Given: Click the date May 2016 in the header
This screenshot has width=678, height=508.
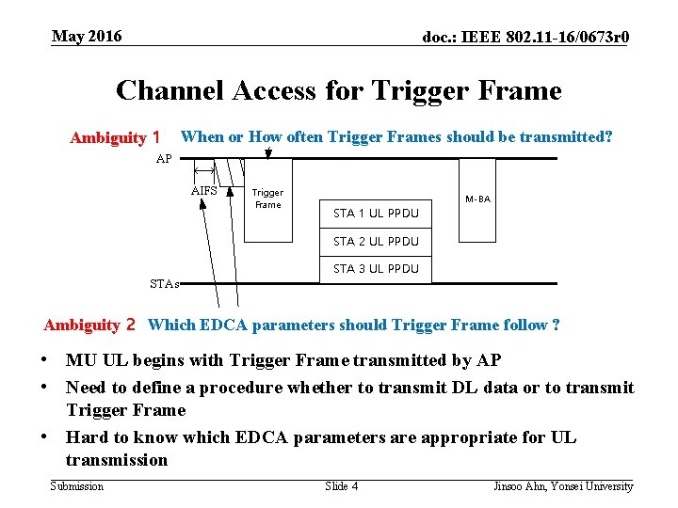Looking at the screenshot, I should (x=87, y=37).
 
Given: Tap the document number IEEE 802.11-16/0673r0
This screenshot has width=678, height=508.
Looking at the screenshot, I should (x=526, y=38).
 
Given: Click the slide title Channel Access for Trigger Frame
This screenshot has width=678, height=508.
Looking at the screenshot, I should (x=338, y=90).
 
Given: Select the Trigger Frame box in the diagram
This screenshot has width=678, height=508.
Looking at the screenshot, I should (x=268, y=199).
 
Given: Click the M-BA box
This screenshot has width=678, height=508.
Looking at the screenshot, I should (x=478, y=199).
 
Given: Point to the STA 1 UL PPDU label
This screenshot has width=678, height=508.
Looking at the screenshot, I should (x=376, y=214).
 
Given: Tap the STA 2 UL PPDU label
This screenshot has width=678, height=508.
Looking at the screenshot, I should (x=376, y=241).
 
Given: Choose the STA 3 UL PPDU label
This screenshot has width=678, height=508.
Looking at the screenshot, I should (x=376, y=268).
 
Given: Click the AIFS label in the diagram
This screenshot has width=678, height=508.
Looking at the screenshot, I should (x=203, y=190).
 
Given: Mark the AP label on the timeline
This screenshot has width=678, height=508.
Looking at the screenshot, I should (x=164, y=159).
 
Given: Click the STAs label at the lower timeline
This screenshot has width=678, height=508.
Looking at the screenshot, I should (x=164, y=282).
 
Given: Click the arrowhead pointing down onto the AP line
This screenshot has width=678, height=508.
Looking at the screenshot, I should (x=268, y=152).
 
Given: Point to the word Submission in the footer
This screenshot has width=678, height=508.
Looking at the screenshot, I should (x=76, y=486).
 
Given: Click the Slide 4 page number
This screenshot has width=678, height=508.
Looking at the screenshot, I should (x=341, y=486).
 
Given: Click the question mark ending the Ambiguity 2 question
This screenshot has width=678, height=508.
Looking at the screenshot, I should (x=557, y=325).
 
